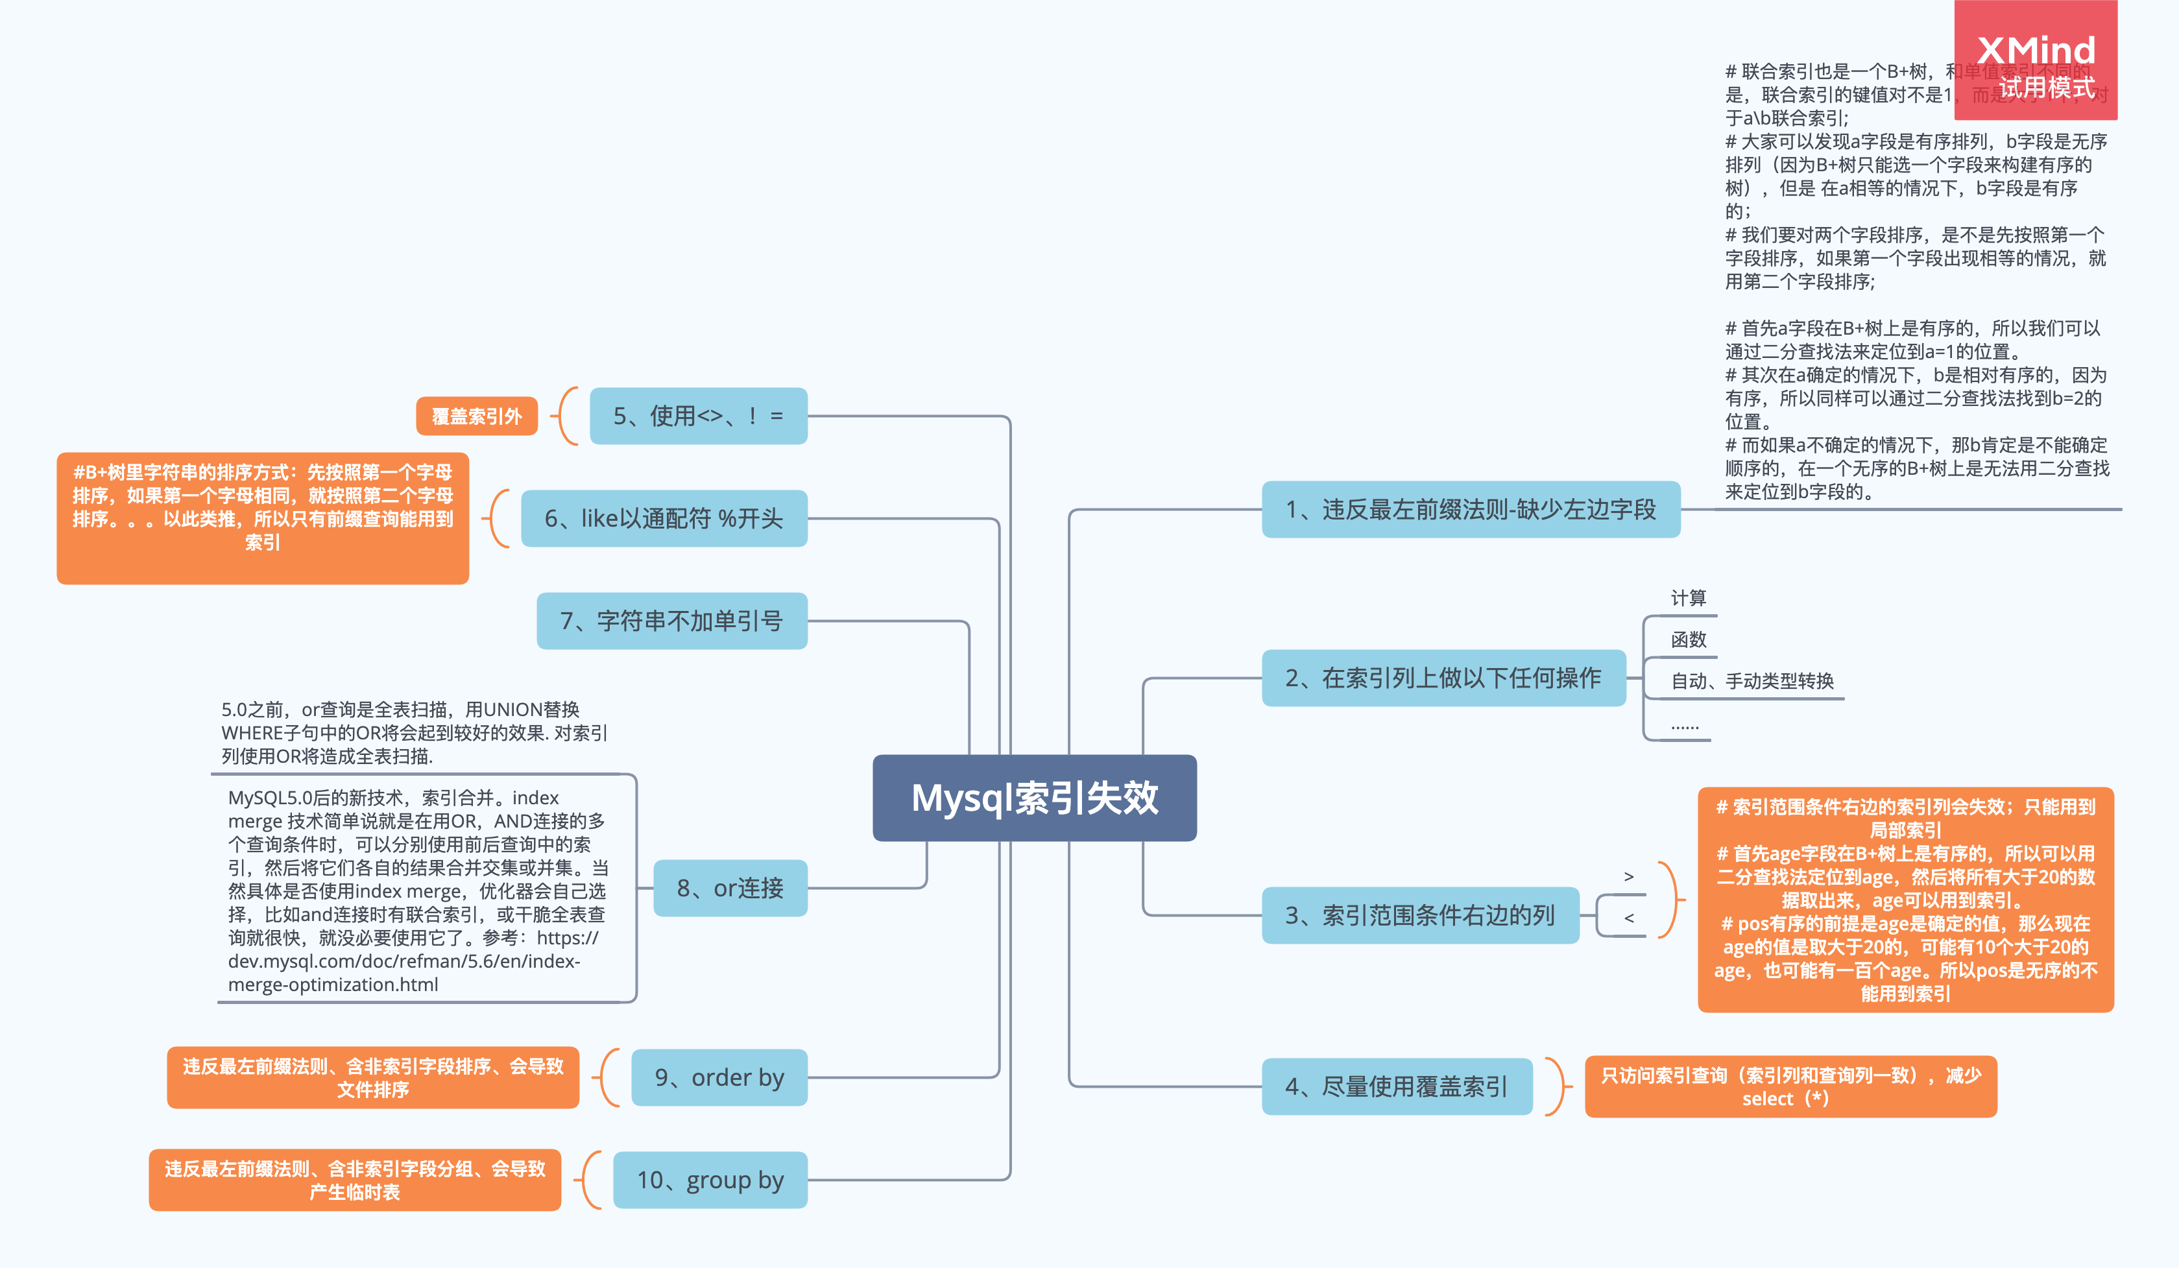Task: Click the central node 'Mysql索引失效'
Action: (x=1034, y=798)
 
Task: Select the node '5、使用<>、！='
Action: (x=698, y=416)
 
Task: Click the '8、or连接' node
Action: (x=730, y=888)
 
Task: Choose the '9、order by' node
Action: (x=719, y=1077)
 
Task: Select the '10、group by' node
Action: (x=710, y=1180)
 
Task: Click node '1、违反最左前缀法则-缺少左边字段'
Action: (x=1470, y=509)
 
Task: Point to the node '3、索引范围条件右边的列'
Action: (x=1420, y=915)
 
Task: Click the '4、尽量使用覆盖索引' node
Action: (x=1397, y=1086)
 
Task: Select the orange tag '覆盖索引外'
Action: (x=476, y=416)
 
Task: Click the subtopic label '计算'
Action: (x=1688, y=598)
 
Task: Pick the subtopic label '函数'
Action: (x=1688, y=640)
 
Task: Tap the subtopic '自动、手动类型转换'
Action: (x=1752, y=681)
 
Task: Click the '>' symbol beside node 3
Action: (x=1628, y=876)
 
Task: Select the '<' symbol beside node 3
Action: (x=1628, y=918)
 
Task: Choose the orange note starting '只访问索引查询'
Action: (x=1790, y=1086)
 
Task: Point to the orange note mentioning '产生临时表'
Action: (x=355, y=1180)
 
